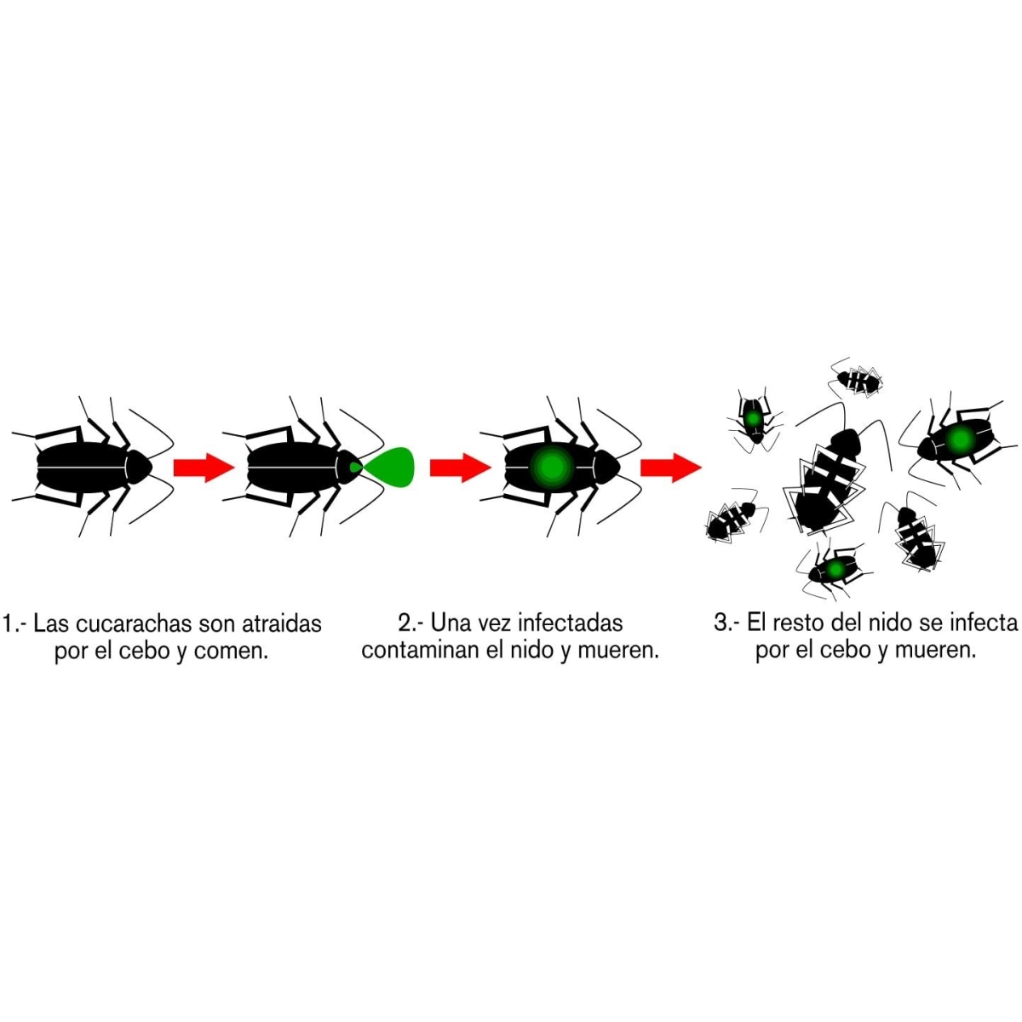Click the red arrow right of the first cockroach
tap(204, 468)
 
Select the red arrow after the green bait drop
tap(461, 468)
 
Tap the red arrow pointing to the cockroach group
tap(671, 468)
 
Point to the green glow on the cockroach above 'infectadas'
tap(552, 467)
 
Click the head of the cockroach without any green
tap(140, 467)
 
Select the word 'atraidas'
tap(281, 624)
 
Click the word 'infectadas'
tap(570, 623)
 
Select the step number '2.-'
tap(411, 623)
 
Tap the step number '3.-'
tap(727, 623)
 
